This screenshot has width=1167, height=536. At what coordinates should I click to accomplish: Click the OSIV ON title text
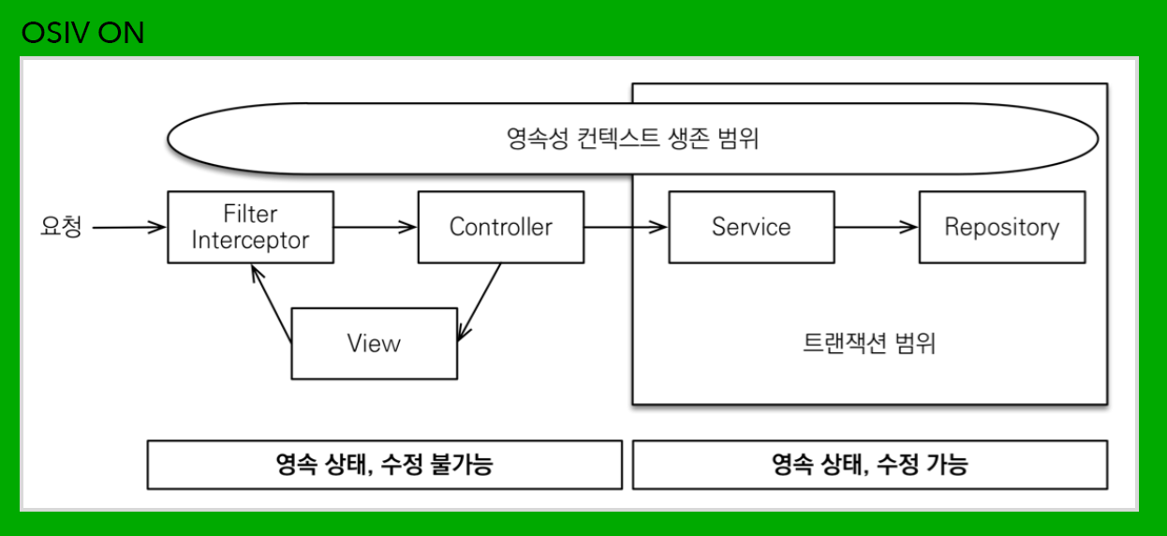82,34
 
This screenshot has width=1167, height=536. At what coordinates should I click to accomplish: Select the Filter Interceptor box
250,227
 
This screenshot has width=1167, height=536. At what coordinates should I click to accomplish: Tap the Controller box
500,227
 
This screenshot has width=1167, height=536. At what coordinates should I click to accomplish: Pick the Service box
750,227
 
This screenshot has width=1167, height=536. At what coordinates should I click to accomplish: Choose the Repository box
1001,227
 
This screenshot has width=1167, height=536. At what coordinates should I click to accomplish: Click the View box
374,344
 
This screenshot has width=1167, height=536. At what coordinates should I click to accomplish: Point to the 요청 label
62,227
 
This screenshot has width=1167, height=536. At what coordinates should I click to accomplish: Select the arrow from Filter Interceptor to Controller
375,227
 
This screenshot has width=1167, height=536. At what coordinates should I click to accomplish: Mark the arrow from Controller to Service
625,227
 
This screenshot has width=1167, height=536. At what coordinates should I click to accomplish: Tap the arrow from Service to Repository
876,227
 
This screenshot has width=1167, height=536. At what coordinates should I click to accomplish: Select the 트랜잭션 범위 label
869,343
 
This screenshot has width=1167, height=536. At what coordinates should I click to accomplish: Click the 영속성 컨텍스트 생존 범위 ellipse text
631,140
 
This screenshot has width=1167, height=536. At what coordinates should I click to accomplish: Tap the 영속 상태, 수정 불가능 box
384,464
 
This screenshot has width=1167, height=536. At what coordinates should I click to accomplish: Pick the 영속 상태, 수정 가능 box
869,464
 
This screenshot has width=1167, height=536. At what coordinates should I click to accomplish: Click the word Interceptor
250,240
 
